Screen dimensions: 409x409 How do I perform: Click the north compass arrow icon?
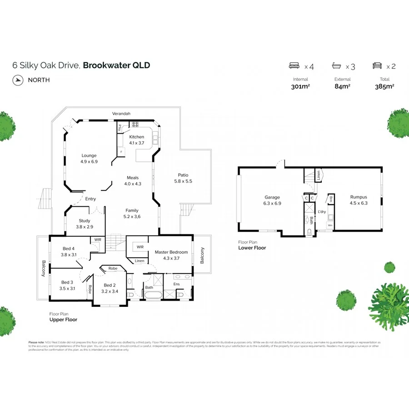coord(18,80)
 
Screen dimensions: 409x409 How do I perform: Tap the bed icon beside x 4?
coord(295,66)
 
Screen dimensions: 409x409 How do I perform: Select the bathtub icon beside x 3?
coord(336,66)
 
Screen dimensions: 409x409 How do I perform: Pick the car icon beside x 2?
coord(377,66)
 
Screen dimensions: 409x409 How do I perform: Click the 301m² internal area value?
coord(300,86)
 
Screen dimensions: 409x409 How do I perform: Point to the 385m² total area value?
coord(384,86)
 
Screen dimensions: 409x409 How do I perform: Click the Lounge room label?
coord(89,155)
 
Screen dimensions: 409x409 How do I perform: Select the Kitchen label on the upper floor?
coord(136,137)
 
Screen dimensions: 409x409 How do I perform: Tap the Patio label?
coord(183,175)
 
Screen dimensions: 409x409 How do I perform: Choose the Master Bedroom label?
coord(171,252)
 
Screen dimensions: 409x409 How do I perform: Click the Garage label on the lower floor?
coord(272,197)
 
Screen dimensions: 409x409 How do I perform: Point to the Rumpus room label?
coord(359,197)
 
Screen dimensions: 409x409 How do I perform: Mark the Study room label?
coord(85,221)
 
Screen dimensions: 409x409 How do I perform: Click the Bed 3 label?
coord(68,282)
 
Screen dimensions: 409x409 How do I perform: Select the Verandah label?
coord(121,113)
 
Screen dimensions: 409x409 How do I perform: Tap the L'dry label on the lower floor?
coord(322,212)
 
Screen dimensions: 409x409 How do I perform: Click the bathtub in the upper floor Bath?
coord(152,295)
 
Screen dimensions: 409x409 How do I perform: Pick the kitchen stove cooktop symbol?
coord(135,125)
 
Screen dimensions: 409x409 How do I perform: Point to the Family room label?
coord(132,210)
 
